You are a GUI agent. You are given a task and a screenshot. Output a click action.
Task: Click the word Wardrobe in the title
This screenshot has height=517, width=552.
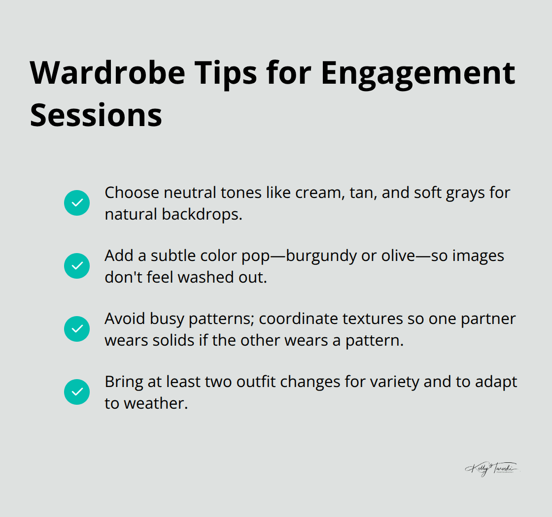[x=107, y=72]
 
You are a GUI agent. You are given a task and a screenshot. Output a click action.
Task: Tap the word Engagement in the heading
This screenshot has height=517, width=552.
[x=418, y=72]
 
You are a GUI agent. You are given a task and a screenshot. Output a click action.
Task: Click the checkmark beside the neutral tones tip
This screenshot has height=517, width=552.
[x=77, y=203]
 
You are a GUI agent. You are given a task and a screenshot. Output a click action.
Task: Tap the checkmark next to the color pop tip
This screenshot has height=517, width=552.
[x=77, y=266]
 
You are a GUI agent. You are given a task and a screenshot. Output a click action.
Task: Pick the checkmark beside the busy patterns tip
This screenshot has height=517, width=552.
[x=77, y=329]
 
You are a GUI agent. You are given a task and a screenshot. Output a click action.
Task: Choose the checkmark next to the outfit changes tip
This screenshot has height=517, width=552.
[x=77, y=392]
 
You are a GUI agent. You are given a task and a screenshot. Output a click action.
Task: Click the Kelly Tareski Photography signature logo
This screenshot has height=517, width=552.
[x=491, y=469]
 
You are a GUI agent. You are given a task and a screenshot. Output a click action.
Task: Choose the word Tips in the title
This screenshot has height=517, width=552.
[x=228, y=72]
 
